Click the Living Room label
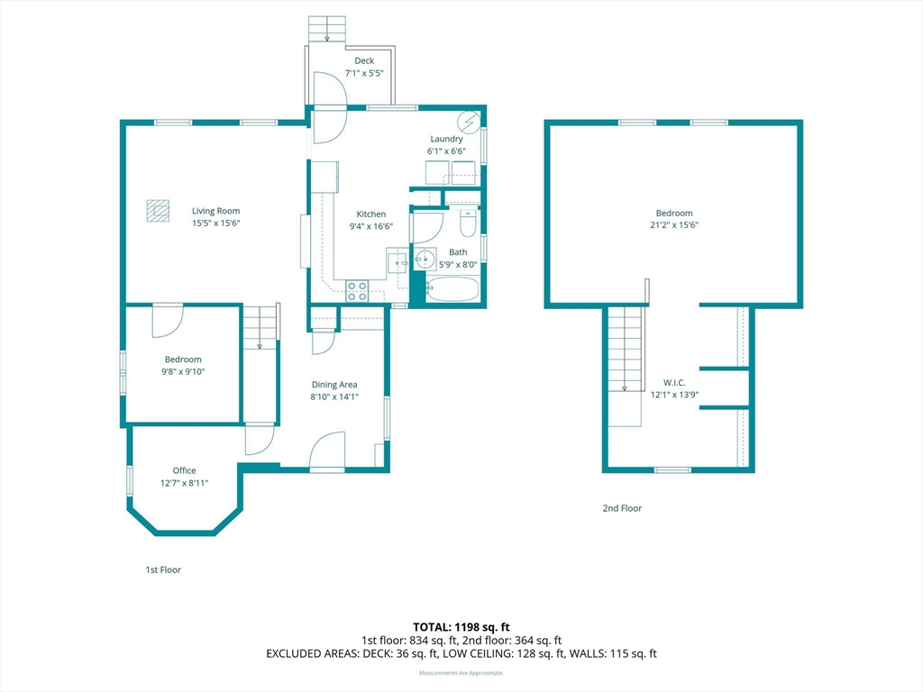pos(215,211)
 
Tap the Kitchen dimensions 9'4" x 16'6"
pos(370,226)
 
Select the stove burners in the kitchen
pos(357,290)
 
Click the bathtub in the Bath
pos(452,289)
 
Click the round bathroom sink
pos(425,261)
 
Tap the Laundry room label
pos(446,139)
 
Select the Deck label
pos(364,61)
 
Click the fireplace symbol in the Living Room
pos(158,210)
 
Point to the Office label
pos(184,470)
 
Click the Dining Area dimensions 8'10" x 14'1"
pos(334,396)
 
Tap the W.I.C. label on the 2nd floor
pos(674,382)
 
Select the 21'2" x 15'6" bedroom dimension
pos(674,225)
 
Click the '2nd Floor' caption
pos(622,508)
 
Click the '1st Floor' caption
pos(163,569)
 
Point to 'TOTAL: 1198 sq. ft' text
pos(461,626)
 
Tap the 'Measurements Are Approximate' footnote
pos(461,673)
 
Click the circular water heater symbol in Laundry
pos(469,122)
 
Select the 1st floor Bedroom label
pos(183,360)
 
